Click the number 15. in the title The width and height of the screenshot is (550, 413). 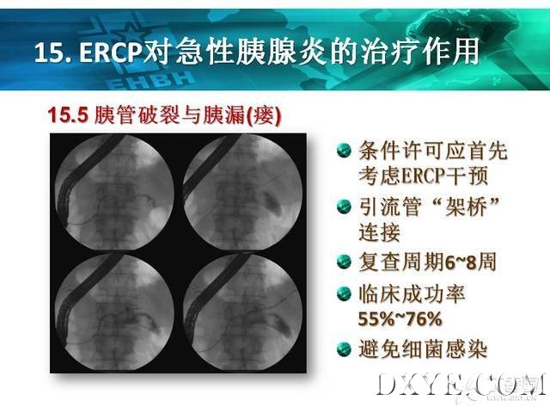53,52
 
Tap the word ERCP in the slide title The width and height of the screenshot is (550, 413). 111,52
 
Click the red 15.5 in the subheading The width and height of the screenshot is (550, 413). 67,114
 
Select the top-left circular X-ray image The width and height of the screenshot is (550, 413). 114,192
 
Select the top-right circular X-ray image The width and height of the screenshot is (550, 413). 242,192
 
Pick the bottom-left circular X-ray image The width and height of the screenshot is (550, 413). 114,312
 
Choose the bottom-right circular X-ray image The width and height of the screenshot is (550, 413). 242,312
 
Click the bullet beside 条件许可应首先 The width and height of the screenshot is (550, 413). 344,151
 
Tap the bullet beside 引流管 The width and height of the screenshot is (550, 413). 344,206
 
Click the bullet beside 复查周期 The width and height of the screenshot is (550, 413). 344,262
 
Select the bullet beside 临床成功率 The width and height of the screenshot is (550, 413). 344,293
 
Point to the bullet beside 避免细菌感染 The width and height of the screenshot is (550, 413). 344,349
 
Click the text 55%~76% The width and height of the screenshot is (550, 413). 400,319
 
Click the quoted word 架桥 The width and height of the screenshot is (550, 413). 467,206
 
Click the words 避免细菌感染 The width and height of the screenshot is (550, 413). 423,349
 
